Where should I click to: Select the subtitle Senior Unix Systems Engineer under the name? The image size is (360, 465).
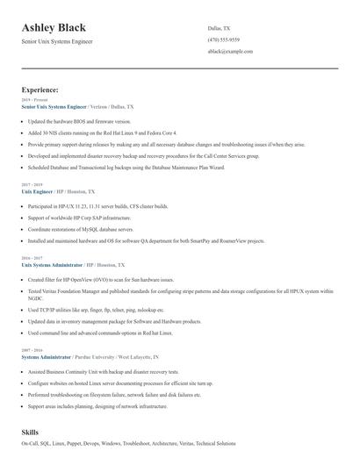point(57,41)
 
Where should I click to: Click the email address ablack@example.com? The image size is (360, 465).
point(231,52)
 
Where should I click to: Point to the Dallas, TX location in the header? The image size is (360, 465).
point(220,29)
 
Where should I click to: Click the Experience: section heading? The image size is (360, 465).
point(40,89)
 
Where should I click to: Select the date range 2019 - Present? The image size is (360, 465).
point(35,100)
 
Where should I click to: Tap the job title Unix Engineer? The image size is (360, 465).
point(37,190)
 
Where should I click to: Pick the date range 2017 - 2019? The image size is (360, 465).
point(31,184)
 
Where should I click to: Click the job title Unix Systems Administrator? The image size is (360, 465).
point(52,264)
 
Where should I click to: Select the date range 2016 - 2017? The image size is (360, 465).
point(31,258)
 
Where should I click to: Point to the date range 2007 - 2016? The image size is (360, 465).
point(31,352)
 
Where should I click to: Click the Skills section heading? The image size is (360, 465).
point(30,433)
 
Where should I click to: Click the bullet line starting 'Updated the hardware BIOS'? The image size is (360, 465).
point(73,121)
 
